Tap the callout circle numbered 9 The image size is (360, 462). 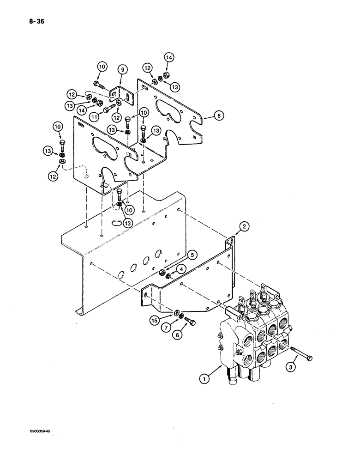pos(122,70)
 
